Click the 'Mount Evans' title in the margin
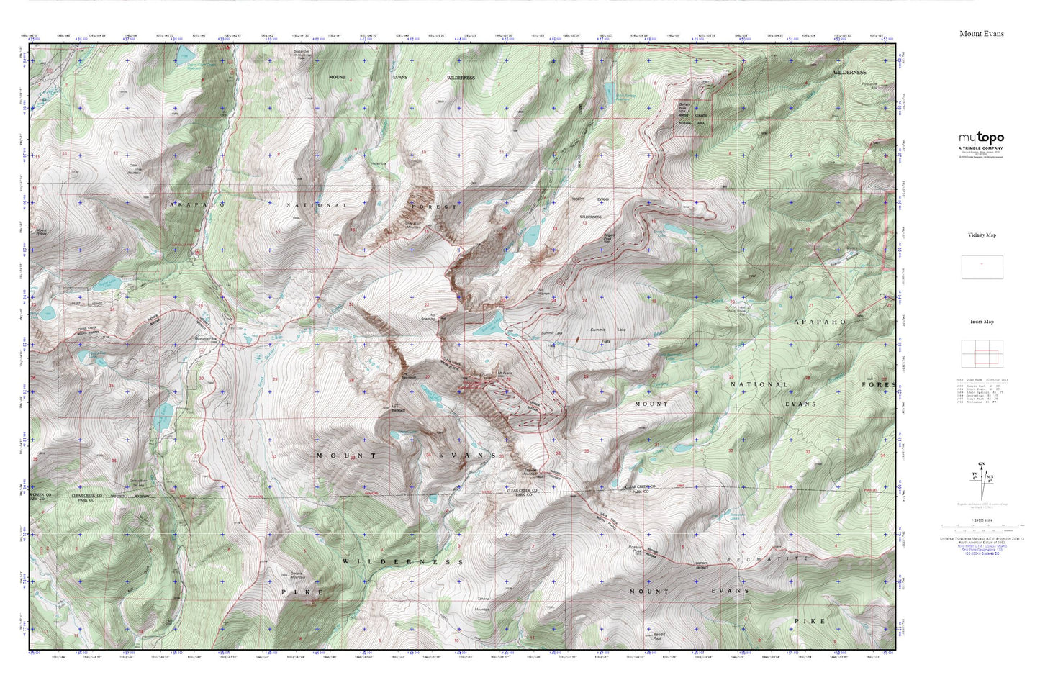tap(981, 34)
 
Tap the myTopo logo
tap(980, 140)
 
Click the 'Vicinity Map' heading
tap(982, 235)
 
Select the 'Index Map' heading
tap(982, 322)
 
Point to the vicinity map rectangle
tap(982, 267)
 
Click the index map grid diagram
tap(982, 354)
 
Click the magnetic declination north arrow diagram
tap(980, 479)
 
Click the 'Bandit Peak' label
tap(661, 635)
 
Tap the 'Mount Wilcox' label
tap(46, 232)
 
